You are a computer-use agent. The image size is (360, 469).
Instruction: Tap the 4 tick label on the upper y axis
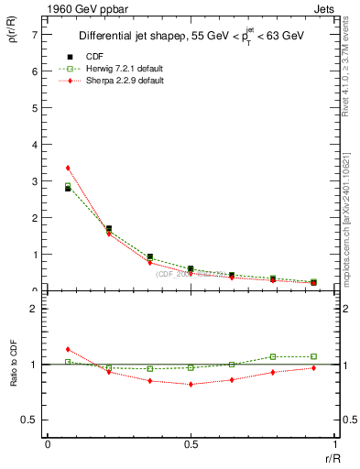point(36,145)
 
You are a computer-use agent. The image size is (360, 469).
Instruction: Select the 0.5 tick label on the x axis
point(191,444)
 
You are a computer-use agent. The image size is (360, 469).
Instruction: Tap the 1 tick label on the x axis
point(333,444)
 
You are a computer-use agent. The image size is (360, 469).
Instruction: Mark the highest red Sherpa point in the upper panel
point(68,168)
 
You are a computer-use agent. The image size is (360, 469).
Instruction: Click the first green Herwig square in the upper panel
point(68,186)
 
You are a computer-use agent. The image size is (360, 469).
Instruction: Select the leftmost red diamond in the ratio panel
point(68,349)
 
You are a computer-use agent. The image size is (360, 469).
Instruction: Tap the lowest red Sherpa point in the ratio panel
point(191,384)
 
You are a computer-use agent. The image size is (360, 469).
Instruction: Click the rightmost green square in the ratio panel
point(313,356)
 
